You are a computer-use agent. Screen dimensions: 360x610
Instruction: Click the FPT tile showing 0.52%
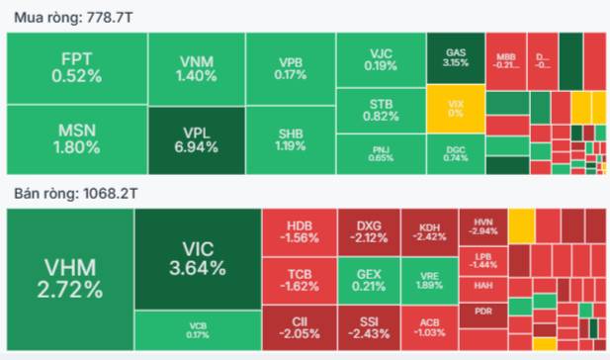tap(77, 67)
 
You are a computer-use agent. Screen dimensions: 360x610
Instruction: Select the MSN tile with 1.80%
tap(77, 139)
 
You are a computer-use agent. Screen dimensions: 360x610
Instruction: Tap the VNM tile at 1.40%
tap(198, 67)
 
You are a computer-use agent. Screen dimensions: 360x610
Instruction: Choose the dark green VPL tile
tap(198, 139)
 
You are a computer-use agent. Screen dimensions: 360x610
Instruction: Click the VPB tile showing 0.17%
tap(291, 67)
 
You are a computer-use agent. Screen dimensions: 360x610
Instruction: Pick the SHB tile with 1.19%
tap(291, 139)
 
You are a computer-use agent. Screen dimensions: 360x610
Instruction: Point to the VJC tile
tap(381, 58)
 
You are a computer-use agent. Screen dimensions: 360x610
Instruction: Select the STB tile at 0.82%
tap(381, 109)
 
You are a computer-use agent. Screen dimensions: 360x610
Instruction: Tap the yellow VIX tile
tap(456, 108)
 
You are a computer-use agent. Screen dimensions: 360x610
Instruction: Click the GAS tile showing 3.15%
tap(456, 57)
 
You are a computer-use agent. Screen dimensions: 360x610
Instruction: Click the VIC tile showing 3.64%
tap(197, 259)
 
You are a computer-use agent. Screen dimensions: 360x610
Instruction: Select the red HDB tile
tap(298, 232)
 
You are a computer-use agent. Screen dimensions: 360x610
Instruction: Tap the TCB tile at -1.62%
tap(298, 280)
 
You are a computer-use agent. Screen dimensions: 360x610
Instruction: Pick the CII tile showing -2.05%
tap(298, 327)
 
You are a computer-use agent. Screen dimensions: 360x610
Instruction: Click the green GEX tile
tap(367, 280)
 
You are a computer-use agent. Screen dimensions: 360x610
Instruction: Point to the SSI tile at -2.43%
tap(367, 327)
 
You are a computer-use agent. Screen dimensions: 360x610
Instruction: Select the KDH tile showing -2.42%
tap(430, 232)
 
